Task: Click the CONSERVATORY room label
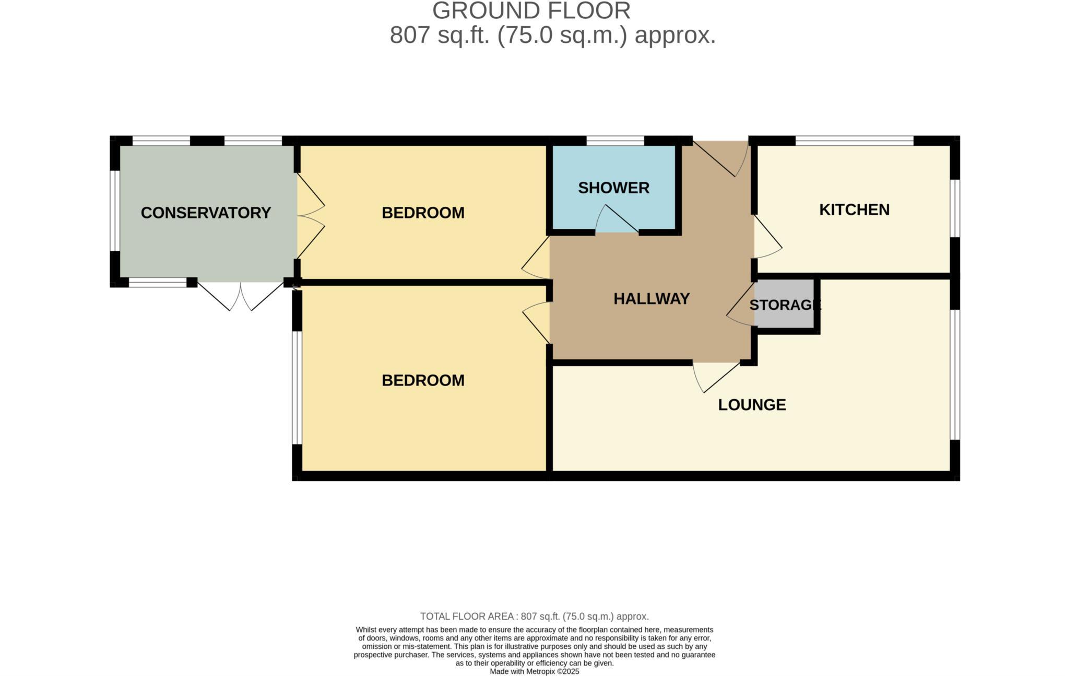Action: tap(206, 213)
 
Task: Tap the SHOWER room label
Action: tap(613, 188)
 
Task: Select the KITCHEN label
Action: tap(854, 209)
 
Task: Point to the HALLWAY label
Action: tap(652, 299)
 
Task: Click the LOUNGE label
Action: tap(752, 405)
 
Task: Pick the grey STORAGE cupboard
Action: tap(785, 305)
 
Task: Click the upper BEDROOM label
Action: tap(423, 213)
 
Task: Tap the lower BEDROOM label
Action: tap(423, 380)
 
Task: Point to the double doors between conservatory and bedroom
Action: tap(310, 216)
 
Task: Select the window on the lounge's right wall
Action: tap(955, 375)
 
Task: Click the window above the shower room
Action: tap(615, 141)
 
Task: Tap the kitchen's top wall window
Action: tap(854, 141)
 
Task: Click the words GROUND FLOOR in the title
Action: tap(531, 11)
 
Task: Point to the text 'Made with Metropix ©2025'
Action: tap(534, 672)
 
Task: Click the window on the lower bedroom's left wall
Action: tap(297, 388)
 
